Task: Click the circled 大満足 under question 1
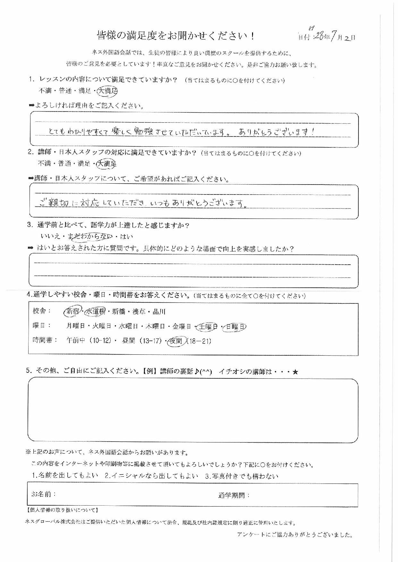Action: point(107,91)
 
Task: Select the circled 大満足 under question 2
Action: point(107,164)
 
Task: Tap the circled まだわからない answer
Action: point(91,237)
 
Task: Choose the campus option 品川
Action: point(159,311)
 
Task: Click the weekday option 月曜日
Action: point(76,326)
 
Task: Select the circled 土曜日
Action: point(207,326)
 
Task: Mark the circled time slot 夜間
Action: point(176,341)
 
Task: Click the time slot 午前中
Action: point(76,341)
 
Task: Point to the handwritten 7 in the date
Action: point(334,37)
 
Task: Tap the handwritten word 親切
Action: point(57,203)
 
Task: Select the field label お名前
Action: point(44,494)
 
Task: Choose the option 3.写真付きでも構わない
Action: point(241,476)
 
